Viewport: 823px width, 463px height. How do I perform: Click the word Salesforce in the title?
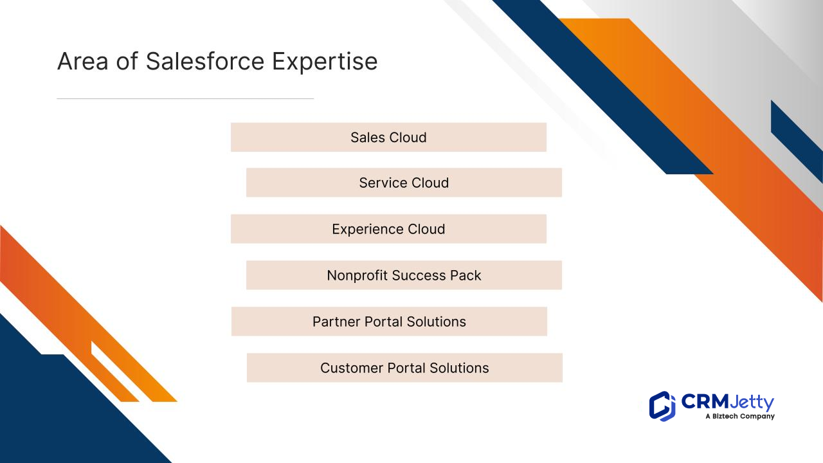pyautogui.click(x=205, y=61)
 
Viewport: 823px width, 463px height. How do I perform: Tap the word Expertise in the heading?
pyautogui.click(x=325, y=62)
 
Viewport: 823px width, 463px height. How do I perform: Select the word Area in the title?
pyautogui.click(x=83, y=61)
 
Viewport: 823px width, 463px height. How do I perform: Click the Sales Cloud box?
pyautogui.click(x=388, y=137)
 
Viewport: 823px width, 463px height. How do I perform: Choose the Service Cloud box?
pyautogui.click(x=404, y=183)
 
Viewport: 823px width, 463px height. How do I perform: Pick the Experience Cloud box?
pyautogui.click(x=388, y=229)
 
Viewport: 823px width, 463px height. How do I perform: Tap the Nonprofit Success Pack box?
pyautogui.click(x=404, y=275)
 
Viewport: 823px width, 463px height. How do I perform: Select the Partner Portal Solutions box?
pyautogui.click(x=389, y=322)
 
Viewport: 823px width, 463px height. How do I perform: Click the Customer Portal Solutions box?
pyautogui.click(x=404, y=368)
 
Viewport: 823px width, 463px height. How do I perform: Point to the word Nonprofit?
pyautogui.click(x=357, y=276)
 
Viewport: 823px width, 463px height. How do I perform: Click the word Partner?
pyautogui.click(x=336, y=322)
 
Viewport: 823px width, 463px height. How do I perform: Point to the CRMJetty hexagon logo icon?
pyautogui.click(x=662, y=406)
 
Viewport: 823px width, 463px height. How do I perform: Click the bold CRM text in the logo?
pyautogui.click(x=705, y=402)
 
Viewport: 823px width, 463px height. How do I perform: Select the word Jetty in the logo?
pyautogui.click(x=752, y=403)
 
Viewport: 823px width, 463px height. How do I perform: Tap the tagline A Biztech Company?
pyautogui.click(x=740, y=416)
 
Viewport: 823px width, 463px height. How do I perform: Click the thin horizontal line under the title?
pyautogui.click(x=185, y=98)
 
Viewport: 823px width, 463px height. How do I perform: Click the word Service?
pyautogui.click(x=383, y=183)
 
